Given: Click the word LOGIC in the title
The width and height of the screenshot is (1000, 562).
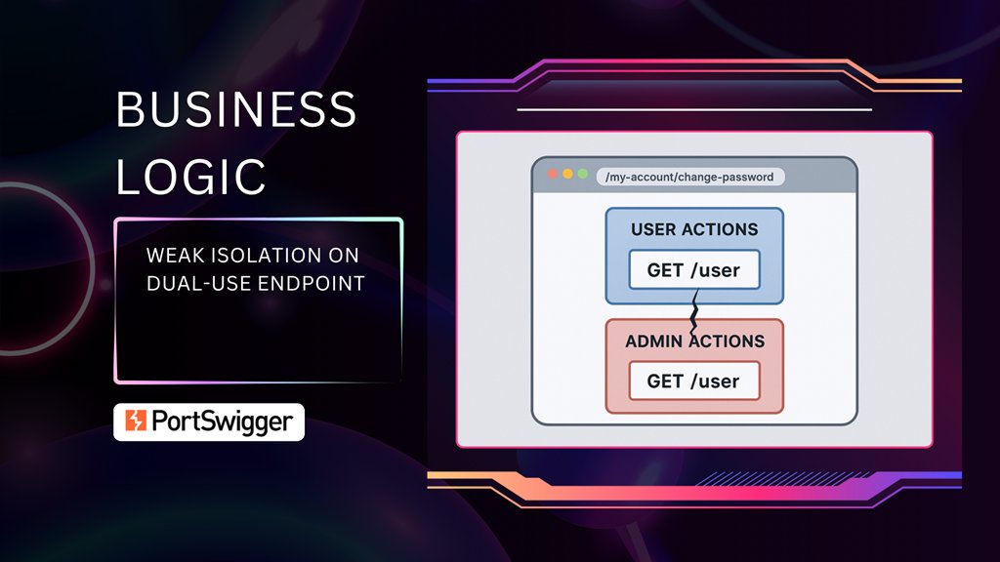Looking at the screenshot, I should point(191,176).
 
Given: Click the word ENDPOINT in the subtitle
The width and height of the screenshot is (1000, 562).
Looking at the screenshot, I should point(317,283).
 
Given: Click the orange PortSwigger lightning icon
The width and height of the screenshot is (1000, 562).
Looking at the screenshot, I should point(134,421).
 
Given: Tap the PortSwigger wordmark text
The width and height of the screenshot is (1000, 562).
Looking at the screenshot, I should point(222,421).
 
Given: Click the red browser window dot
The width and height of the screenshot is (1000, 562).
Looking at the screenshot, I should point(553,174).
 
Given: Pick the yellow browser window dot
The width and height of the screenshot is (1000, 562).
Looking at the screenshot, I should point(567,174).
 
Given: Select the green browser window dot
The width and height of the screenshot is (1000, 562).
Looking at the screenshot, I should point(583,174).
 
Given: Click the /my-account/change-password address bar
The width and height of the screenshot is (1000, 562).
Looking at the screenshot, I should point(689,177).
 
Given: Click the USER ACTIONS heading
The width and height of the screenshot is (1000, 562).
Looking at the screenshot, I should point(694,230).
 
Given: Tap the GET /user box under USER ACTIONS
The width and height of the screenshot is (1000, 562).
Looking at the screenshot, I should point(693,270).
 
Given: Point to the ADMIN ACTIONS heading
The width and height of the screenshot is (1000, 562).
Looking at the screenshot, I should point(694,341).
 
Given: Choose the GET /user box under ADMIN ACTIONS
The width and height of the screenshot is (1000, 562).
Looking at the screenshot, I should point(693,381).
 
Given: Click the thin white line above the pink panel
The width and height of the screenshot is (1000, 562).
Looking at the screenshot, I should point(693,110).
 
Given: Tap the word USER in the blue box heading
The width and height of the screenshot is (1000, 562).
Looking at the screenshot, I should point(654,230).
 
